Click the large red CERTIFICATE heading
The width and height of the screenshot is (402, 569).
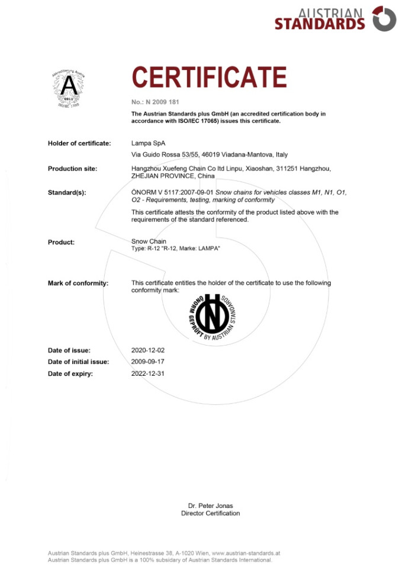[x=209, y=78]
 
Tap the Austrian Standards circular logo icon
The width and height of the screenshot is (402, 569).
[x=384, y=18]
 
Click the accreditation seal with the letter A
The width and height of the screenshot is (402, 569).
[x=69, y=88]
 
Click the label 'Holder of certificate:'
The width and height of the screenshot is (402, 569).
[x=79, y=143]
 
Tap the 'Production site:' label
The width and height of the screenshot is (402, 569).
[x=72, y=169]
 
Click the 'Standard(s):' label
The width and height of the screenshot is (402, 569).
[x=67, y=193]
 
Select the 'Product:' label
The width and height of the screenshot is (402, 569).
[x=61, y=242]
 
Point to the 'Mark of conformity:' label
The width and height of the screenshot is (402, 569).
[x=78, y=283]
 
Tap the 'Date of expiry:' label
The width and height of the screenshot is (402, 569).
[x=70, y=373]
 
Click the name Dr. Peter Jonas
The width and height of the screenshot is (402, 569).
[x=210, y=506]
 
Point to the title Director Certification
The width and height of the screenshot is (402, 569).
[x=210, y=513]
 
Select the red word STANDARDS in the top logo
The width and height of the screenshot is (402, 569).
[x=320, y=24]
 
